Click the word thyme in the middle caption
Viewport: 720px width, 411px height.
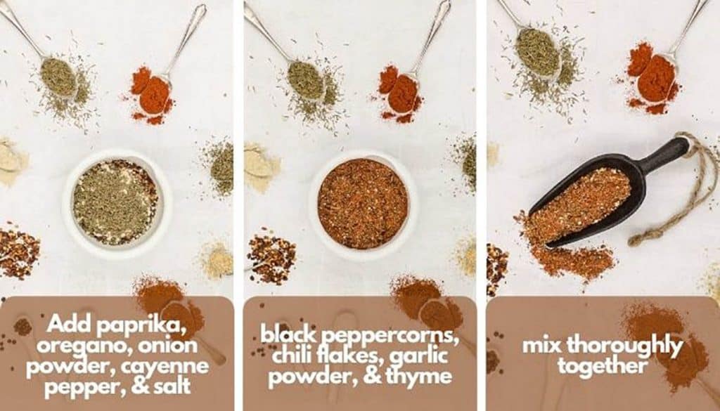423,376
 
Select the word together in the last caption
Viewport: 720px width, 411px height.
603,366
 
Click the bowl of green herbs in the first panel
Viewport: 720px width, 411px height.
116,202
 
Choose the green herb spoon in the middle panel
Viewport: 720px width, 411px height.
304,79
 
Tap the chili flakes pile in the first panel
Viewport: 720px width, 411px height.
17,252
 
